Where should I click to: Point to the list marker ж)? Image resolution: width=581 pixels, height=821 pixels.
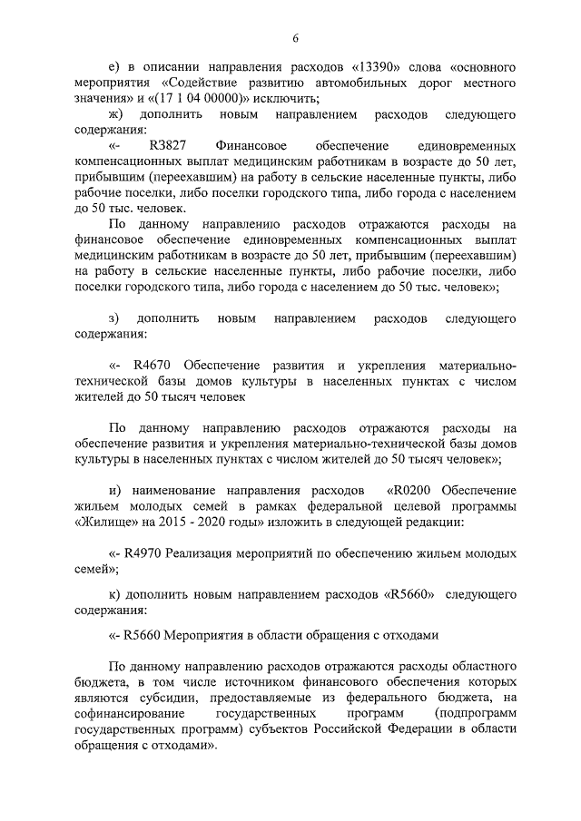[x=115, y=115]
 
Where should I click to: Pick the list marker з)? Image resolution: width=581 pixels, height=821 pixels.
[x=114, y=319]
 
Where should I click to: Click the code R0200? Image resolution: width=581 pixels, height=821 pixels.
[x=412, y=490]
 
